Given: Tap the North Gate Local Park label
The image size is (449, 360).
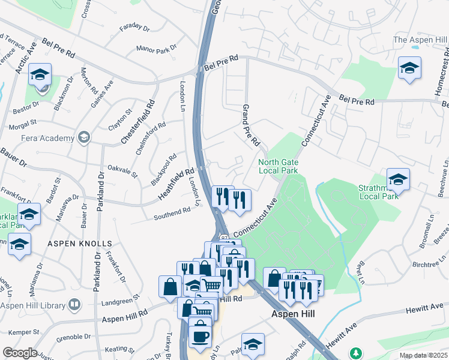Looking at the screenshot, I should [278, 166].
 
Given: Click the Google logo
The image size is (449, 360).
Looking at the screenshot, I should [20, 353].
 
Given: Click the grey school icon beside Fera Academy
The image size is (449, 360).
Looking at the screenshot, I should [83, 137].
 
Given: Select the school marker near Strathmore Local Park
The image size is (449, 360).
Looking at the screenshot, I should [398, 179].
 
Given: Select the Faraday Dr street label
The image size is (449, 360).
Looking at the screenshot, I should [133, 27].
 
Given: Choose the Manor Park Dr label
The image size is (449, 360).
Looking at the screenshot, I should [157, 48].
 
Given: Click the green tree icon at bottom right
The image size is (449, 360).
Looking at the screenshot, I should [357, 352].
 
